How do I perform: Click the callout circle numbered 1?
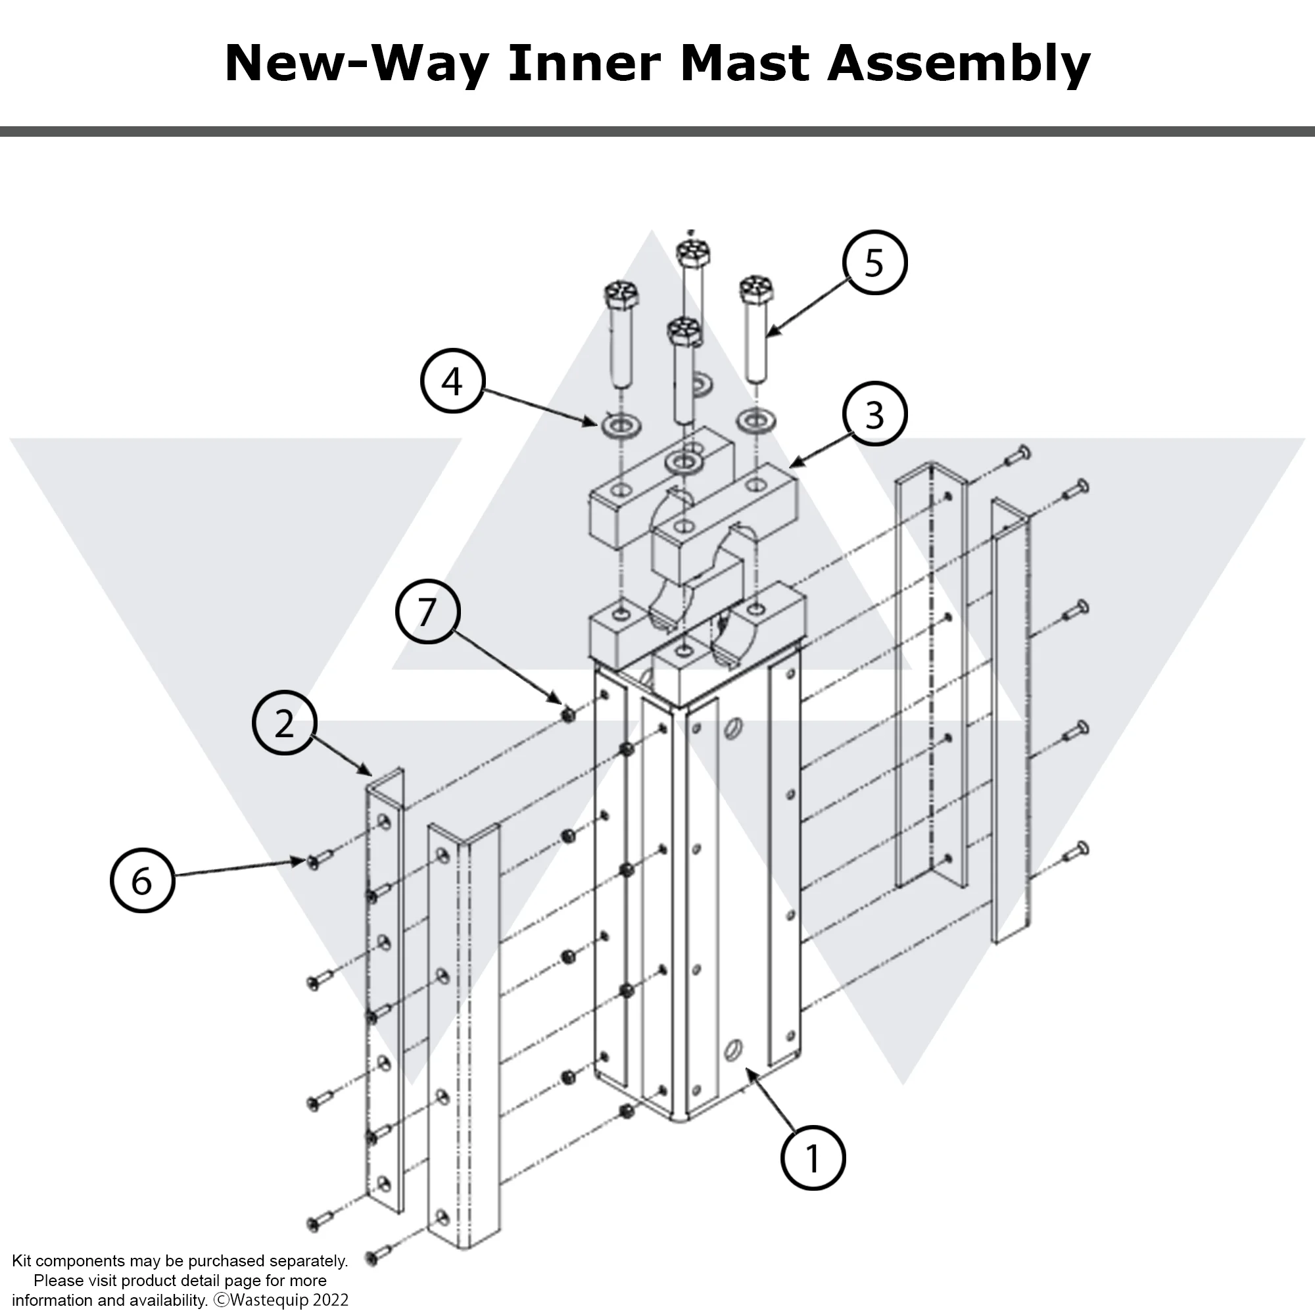(x=812, y=1158)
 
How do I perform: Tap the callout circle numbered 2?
(x=285, y=723)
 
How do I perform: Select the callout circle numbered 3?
(x=874, y=414)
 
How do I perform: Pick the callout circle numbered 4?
(x=452, y=381)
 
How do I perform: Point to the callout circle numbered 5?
(x=874, y=263)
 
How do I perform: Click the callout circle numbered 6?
(x=142, y=880)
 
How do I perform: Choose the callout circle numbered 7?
(x=427, y=611)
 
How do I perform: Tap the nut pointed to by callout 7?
(x=569, y=714)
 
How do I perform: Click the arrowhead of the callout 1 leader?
(x=749, y=1071)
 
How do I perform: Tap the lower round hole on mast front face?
(x=734, y=1049)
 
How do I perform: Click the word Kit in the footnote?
(x=22, y=1260)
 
